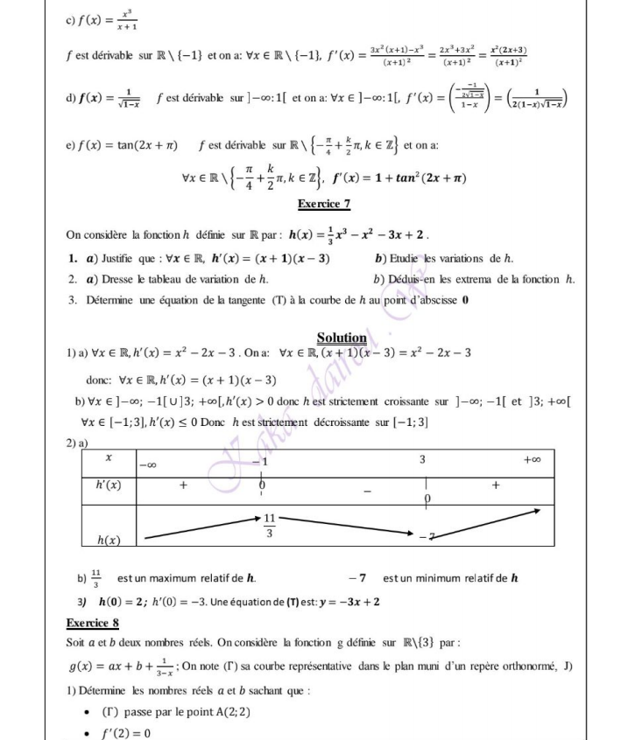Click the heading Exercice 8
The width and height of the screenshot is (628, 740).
[x=92, y=623]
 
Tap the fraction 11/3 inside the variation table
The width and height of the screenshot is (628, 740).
[x=272, y=525]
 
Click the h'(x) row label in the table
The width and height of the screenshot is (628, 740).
[x=109, y=483]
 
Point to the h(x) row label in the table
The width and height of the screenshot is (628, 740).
[x=108, y=541]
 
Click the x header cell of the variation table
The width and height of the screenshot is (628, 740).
[x=108, y=457]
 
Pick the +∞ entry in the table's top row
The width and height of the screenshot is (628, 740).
[x=533, y=459]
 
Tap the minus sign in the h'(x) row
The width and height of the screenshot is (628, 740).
[x=368, y=492]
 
